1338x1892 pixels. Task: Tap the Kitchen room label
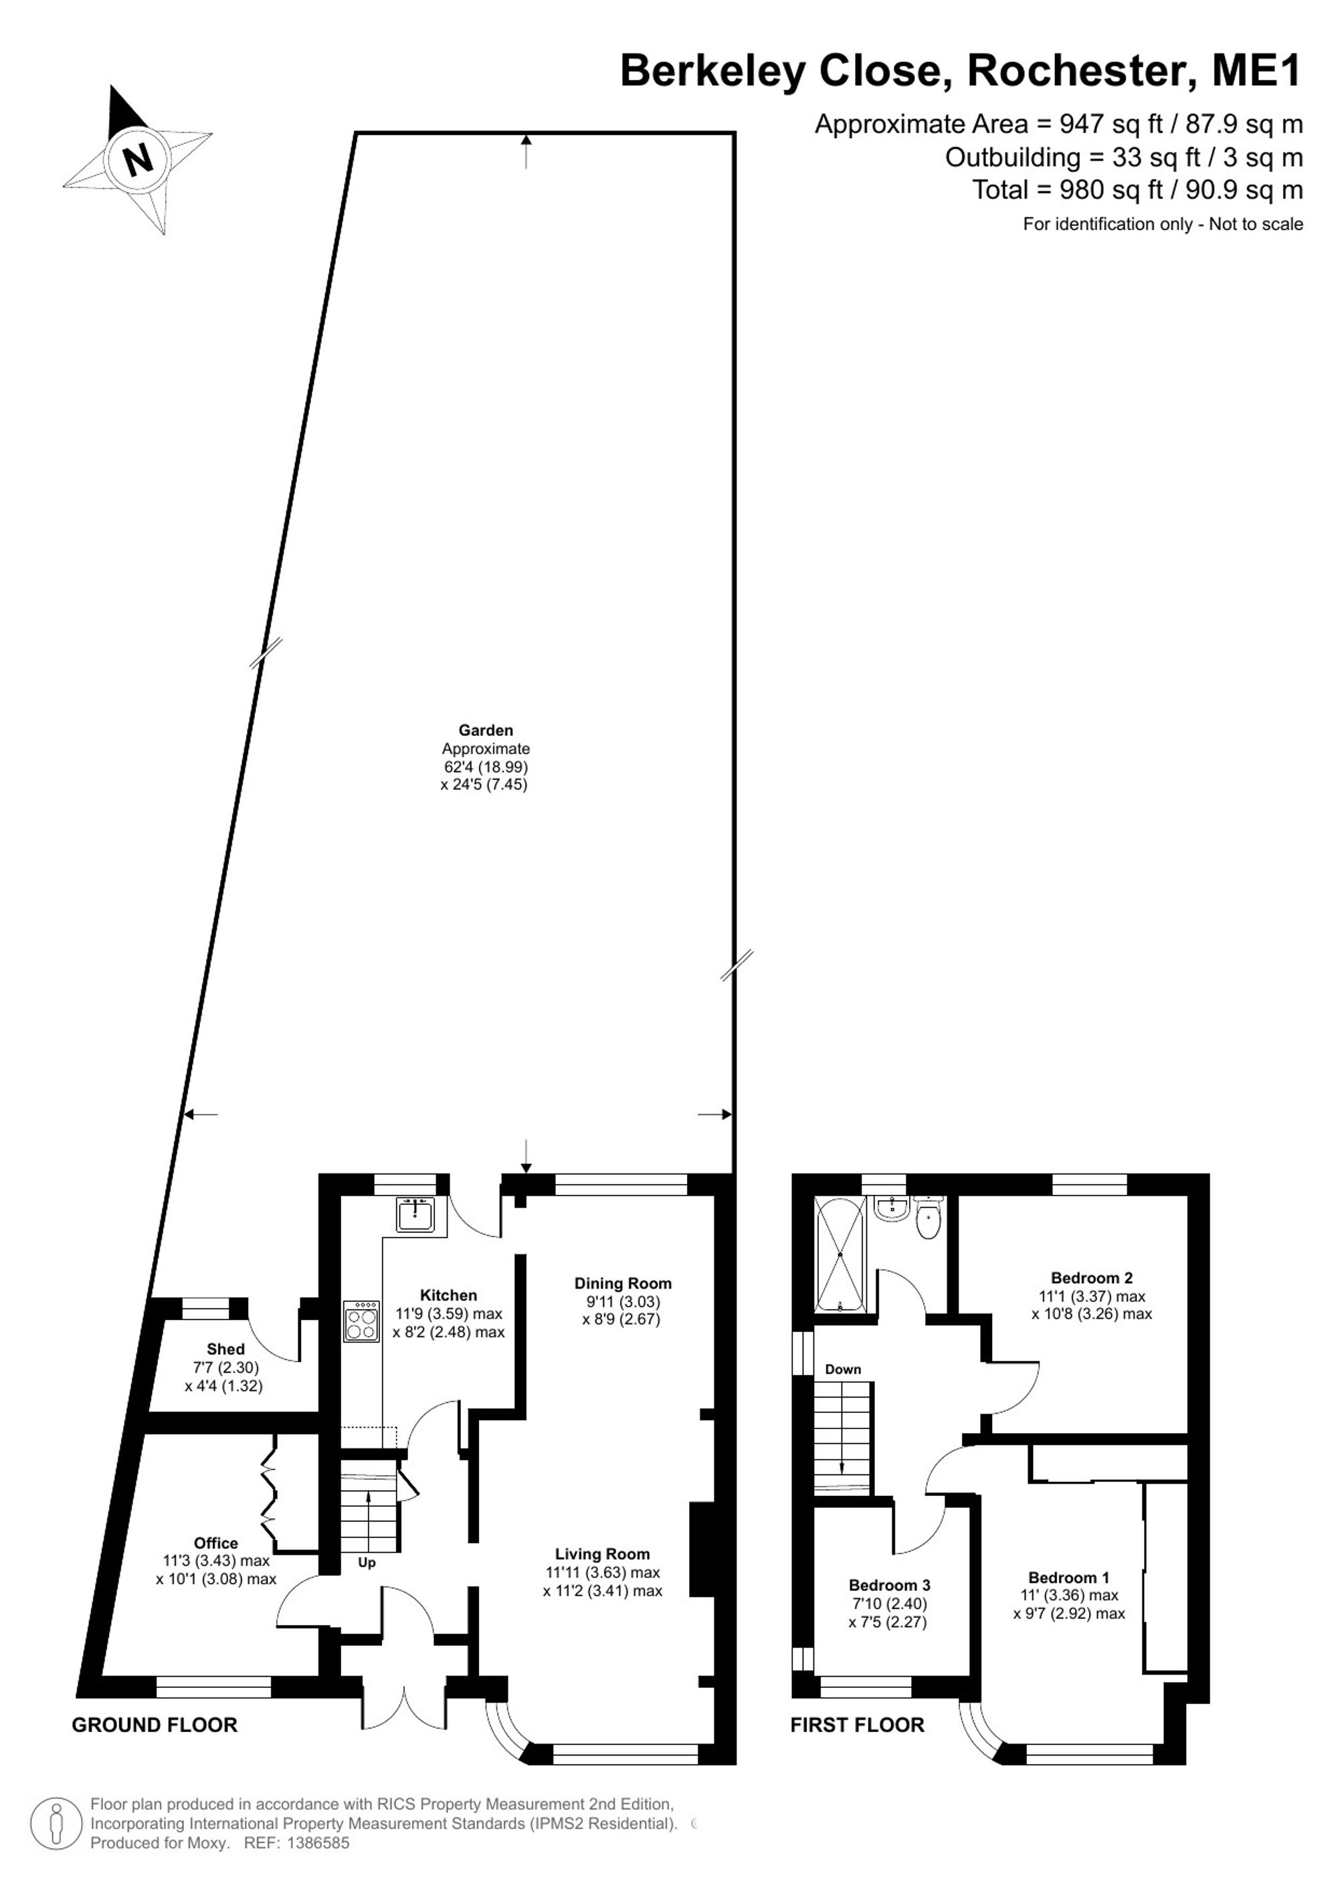448,1295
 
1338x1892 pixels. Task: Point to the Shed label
225,1349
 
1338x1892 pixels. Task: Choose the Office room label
216,1543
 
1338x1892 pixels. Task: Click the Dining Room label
623,1283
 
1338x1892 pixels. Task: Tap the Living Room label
602,1554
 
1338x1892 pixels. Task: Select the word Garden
486,730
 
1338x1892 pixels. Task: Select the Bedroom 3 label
889,1586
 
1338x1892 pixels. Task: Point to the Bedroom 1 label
1068,1578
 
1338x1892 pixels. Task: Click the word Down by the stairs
843,1369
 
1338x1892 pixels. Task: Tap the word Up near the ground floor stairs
367,1564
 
